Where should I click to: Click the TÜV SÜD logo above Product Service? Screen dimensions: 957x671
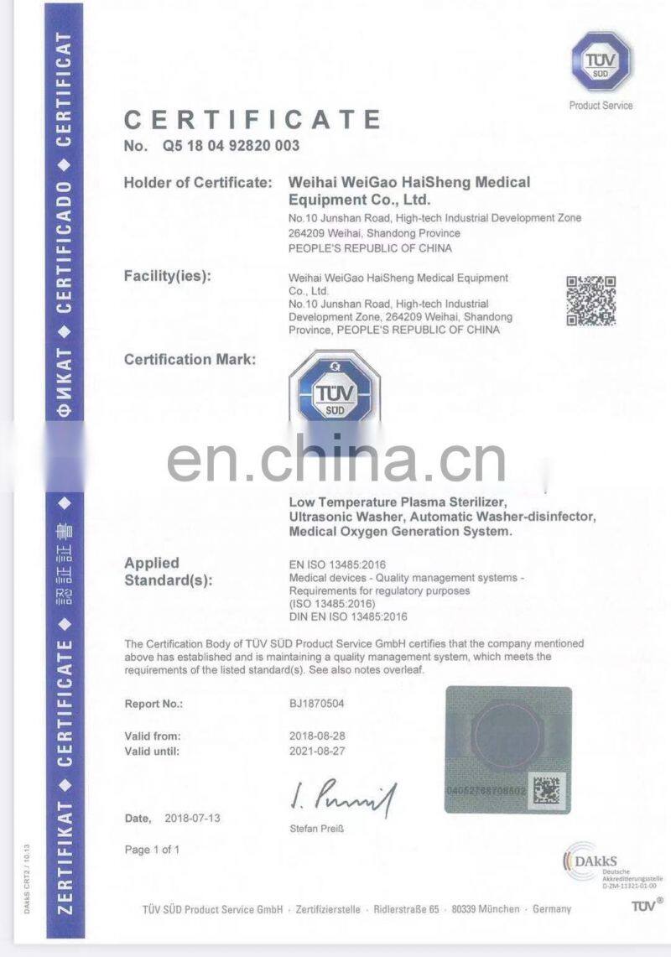(x=601, y=62)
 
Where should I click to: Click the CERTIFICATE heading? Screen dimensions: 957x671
(x=252, y=120)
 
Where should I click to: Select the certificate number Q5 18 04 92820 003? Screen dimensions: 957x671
(x=226, y=146)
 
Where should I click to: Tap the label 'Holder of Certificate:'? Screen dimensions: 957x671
(x=197, y=182)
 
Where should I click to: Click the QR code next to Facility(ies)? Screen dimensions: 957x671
(x=590, y=300)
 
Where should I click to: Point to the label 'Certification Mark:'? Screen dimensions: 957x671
(x=190, y=360)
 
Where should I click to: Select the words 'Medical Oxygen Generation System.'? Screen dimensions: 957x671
(x=399, y=531)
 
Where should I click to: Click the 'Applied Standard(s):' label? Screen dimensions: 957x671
(x=168, y=571)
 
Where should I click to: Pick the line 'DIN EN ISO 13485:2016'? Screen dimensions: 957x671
(x=347, y=616)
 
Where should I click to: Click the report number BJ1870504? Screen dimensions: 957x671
(x=316, y=704)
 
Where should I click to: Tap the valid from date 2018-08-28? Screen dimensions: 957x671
(x=316, y=736)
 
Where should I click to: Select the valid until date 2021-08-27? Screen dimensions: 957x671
(x=316, y=752)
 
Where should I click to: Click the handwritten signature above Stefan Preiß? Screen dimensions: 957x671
(x=343, y=795)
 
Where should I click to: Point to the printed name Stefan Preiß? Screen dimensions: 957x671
(x=316, y=829)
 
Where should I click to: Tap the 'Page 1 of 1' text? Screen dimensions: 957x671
(x=152, y=850)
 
